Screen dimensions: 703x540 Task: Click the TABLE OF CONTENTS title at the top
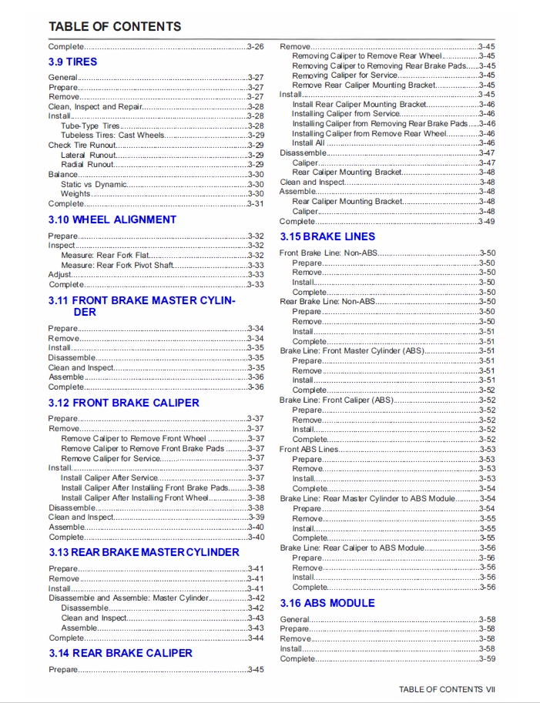coord(115,26)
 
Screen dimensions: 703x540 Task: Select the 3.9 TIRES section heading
coord(72,62)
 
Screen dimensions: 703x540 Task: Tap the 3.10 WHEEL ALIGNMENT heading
coord(112,219)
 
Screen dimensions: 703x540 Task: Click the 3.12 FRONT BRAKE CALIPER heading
coord(123,403)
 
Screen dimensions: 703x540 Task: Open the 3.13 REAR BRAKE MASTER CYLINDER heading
coord(144,552)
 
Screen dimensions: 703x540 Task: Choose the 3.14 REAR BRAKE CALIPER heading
coord(120,653)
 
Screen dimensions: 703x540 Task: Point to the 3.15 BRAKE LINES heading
coord(327,236)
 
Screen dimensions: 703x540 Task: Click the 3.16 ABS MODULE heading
coord(327,603)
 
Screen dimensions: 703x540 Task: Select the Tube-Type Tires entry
coord(91,126)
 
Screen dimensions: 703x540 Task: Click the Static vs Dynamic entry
coord(94,184)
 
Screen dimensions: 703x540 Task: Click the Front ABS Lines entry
coord(309,449)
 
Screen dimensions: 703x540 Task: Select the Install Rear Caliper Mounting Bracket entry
coord(359,104)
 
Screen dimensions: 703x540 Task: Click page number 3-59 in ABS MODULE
coord(487,658)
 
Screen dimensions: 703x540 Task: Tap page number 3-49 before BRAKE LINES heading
coord(487,222)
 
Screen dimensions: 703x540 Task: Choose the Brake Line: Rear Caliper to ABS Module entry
coord(352,547)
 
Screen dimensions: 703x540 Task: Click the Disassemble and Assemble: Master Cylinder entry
coord(129,598)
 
